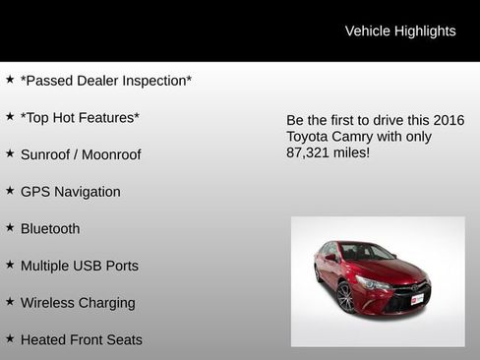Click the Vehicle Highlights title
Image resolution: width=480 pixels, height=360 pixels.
tap(400, 31)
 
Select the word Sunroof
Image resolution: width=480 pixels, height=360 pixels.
tap(48, 154)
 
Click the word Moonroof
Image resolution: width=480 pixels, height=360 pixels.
tap(111, 154)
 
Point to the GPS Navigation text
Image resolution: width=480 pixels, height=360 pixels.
tap(71, 192)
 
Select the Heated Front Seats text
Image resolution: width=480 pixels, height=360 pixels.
tap(82, 340)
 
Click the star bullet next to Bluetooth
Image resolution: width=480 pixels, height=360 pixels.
tap(10, 227)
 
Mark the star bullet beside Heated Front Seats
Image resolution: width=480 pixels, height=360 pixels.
tap(10, 338)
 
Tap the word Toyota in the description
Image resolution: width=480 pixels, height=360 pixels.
tap(310, 137)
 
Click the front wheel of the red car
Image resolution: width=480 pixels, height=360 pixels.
tap(345, 296)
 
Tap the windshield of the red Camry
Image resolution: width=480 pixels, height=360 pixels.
tap(365, 253)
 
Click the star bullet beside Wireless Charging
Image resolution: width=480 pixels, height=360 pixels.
tap(10, 301)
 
